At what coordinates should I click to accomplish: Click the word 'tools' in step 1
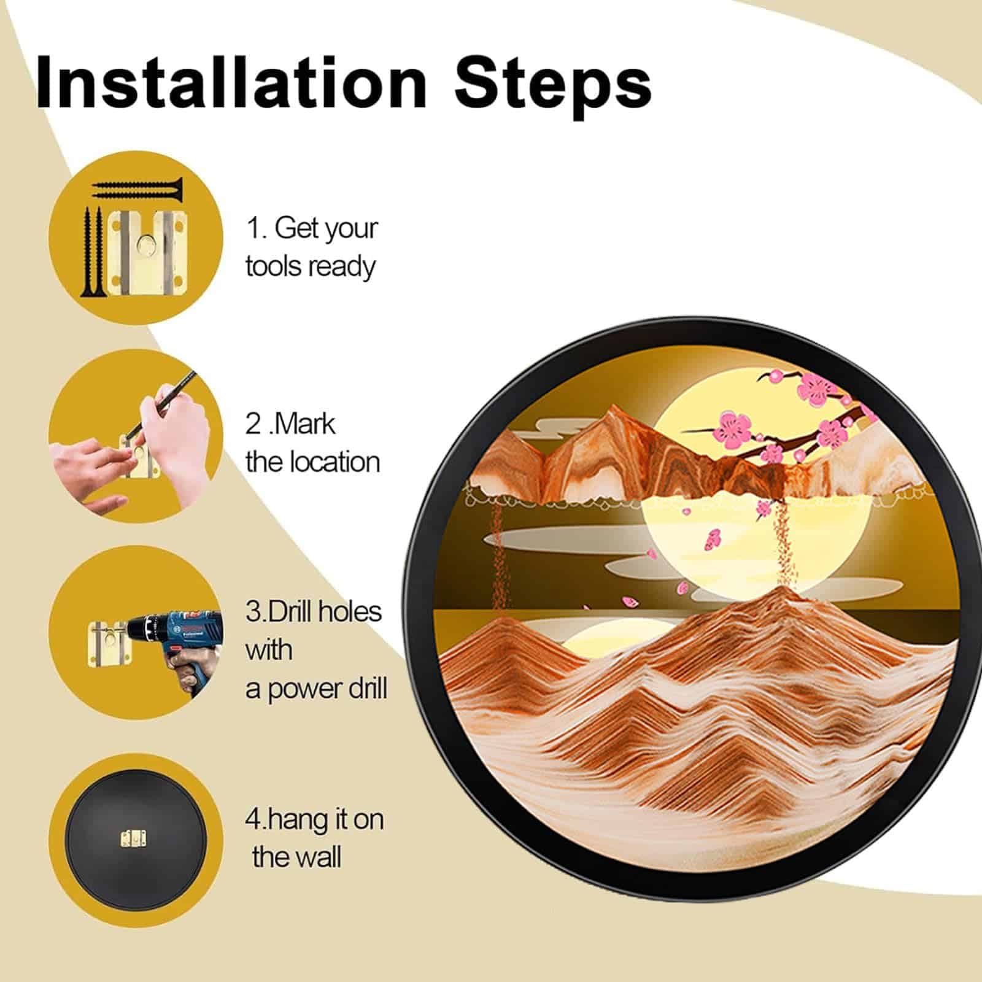tap(274, 267)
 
